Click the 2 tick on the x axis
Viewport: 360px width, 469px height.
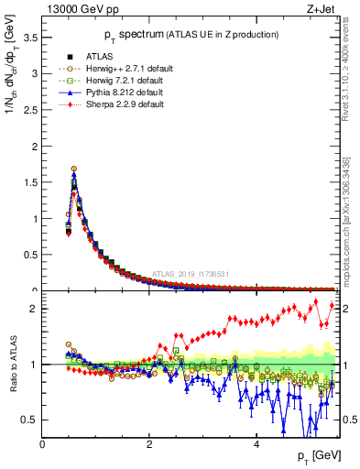click(x=149, y=445)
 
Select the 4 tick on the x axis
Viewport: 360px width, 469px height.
click(x=256, y=445)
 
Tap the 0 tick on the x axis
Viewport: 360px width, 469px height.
click(x=43, y=445)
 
